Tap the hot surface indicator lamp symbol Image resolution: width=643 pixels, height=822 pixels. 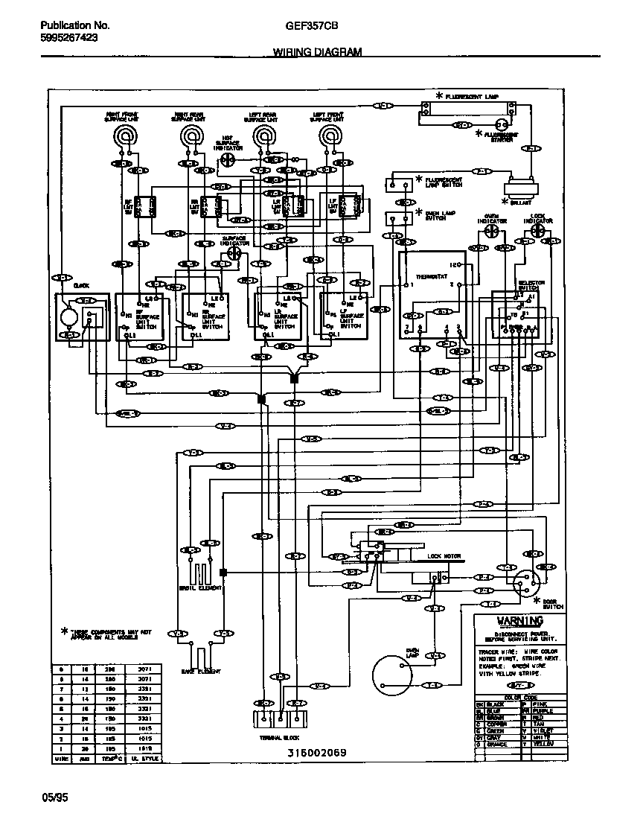tap(230, 159)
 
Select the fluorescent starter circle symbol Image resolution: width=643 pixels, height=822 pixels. tap(502, 124)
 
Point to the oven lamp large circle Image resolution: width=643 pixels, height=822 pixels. tap(392, 675)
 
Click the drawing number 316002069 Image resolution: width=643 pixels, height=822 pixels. tap(316, 753)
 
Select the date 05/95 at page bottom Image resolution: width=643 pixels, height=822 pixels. tap(55, 797)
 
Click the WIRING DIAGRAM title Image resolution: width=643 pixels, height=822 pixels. tap(317, 52)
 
